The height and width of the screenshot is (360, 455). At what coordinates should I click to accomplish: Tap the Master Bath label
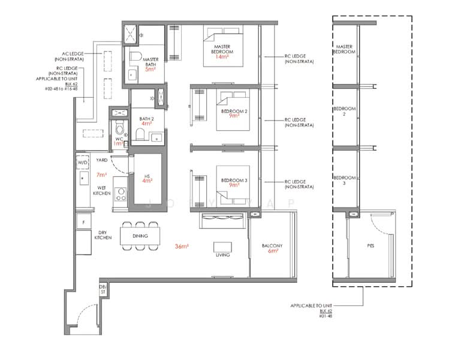click(x=150, y=63)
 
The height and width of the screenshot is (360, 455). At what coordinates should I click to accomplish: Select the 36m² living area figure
click(x=182, y=247)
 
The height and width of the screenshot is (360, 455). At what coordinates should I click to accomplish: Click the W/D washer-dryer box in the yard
click(x=82, y=163)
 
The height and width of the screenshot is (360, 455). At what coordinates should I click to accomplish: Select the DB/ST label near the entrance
click(x=103, y=290)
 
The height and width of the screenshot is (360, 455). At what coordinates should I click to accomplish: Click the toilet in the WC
click(x=120, y=128)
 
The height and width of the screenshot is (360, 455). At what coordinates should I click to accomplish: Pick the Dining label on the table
click(x=140, y=236)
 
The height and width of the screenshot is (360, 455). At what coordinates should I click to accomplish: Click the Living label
click(x=222, y=255)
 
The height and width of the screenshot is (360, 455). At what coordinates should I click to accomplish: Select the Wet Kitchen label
click(x=102, y=190)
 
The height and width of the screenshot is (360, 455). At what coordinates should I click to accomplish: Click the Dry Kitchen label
click(x=103, y=235)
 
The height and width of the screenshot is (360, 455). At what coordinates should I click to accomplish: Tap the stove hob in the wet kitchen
click(x=121, y=193)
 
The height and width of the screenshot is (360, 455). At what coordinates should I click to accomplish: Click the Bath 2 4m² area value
click(x=146, y=124)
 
